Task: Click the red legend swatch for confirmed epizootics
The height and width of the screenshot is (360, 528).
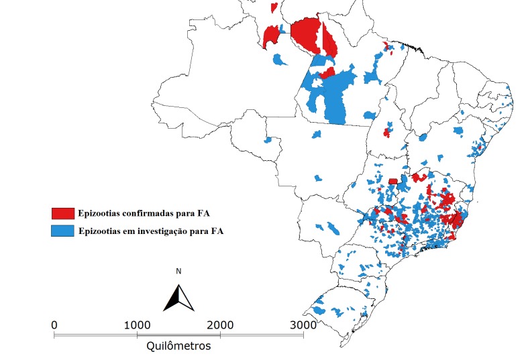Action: (x=63, y=214)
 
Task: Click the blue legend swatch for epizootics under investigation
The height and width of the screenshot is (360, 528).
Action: (x=63, y=231)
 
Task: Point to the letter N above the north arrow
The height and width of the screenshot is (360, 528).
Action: (x=178, y=272)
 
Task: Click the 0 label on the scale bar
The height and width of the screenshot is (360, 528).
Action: (x=54, y=324)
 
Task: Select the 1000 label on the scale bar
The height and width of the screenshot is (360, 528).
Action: (x=137, y=324)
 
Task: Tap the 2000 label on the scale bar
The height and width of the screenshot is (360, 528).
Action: (x=220, y=324)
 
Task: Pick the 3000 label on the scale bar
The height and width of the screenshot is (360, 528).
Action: (x=303, y=324)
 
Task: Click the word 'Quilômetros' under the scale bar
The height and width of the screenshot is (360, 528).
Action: (x=178, y=347)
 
